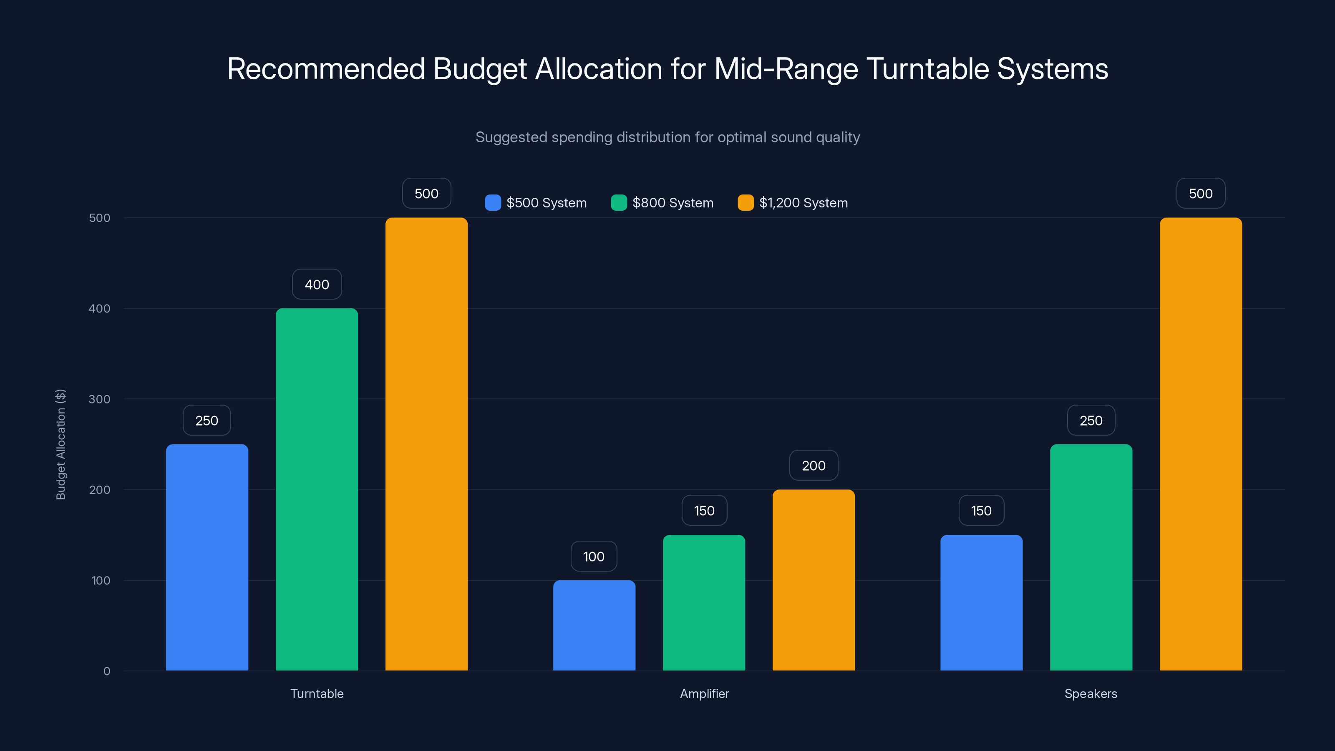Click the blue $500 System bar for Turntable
(x=207, y=557)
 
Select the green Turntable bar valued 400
(x=317, y=489)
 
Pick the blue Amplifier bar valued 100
(x=594, y=625)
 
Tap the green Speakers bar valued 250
(x=1091, y=557)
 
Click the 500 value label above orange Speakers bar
(x=1201, y=193)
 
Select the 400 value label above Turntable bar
(x=317, y=284)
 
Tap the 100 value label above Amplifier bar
(x=594, y=556)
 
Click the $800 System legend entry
(x=662, y=203)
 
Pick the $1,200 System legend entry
(x=793, y=203)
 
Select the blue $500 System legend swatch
(x=492, y=203)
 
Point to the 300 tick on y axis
(x=100, y=399)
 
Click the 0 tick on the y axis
(x=107, y=671)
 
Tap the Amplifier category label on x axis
(x=704, y=693)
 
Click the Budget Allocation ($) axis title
(x=60, y=444)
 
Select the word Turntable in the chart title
(x=928, y=69)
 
